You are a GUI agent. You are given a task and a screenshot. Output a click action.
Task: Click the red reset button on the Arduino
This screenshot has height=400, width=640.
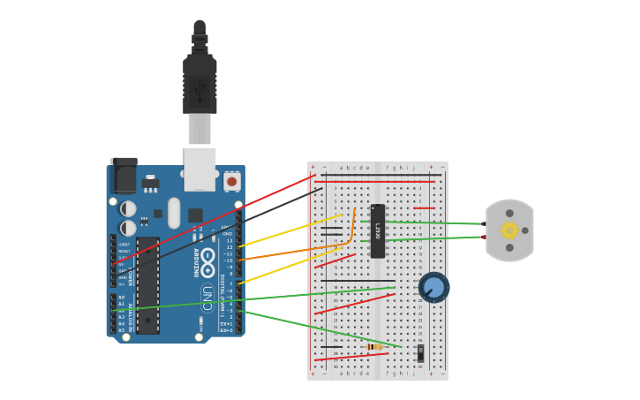pos(232,181)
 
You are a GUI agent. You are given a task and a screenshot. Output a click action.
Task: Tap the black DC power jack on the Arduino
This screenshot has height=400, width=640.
pos(124,176)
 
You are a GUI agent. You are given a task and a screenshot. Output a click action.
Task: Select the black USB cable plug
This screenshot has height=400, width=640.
pos(200,84)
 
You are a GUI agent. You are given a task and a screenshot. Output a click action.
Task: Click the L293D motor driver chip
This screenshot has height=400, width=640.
pos(378,231)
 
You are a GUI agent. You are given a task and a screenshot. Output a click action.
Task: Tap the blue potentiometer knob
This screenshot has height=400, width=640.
pos(433,287)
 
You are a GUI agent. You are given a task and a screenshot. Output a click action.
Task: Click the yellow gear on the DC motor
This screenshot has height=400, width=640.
pos(509,230)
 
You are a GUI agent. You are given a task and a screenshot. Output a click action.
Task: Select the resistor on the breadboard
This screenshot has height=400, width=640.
pos(374,347)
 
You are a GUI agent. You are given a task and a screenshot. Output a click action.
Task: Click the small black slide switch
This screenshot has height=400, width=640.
pos(420,352)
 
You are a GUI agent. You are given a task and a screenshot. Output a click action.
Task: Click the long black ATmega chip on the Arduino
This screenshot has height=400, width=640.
pos(147,285)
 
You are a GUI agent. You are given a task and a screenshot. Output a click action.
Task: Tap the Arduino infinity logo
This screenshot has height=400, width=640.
pos(207,262)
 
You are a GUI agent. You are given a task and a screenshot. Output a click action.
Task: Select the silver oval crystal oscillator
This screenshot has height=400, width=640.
pos(174,213)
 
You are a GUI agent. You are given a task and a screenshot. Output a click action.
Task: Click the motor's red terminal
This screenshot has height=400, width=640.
pos(484,237)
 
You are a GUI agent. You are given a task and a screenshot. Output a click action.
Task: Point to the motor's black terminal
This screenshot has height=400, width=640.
pos(484,224)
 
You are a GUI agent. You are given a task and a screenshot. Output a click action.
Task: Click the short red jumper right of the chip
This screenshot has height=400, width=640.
pos(424,208)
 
